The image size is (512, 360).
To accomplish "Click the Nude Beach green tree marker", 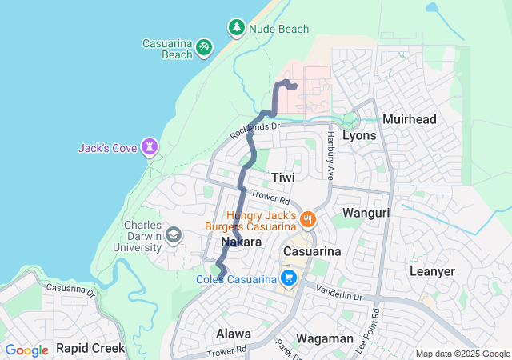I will [x=237, y=28].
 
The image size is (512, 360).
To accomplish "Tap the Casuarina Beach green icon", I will [x=204, y=48].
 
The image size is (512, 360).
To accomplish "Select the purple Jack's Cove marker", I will [x=150, y=147].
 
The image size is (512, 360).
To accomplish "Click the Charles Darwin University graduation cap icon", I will [x=173, y=235].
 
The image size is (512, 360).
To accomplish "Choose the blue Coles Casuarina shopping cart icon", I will [x=287, y=278].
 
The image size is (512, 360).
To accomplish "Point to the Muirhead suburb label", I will [x=410, y=119].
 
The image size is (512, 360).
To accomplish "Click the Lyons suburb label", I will [x=359, y=135].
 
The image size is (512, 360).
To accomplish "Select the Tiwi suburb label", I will [x=283, y=177].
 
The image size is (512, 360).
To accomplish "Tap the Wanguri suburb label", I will [x=366, y=213].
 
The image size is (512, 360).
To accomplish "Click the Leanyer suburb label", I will [x=432, y=271].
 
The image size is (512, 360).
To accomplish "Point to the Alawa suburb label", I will [x=233, y=333].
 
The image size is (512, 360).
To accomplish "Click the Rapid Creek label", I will [x=90, y=348].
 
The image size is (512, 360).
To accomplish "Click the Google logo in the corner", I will [x=26, y=350].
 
